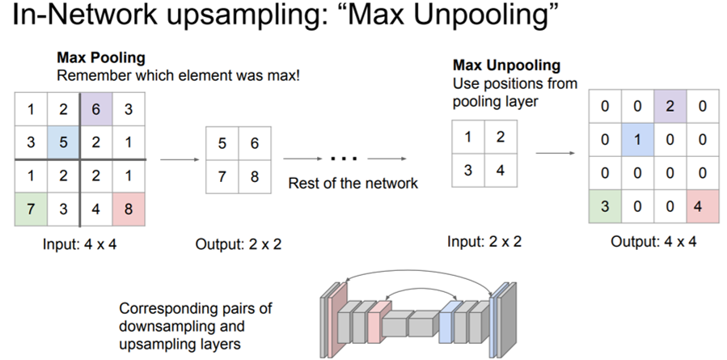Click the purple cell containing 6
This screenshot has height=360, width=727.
tap(96, 108)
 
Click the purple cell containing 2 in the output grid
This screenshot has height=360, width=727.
tap(668, 105)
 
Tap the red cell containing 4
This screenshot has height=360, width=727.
tap(701, 205)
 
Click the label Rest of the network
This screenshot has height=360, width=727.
tap(353, 184)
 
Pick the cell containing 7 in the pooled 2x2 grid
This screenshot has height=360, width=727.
tap(222, 176)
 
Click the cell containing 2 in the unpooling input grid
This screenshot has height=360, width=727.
tap(500, 138)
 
